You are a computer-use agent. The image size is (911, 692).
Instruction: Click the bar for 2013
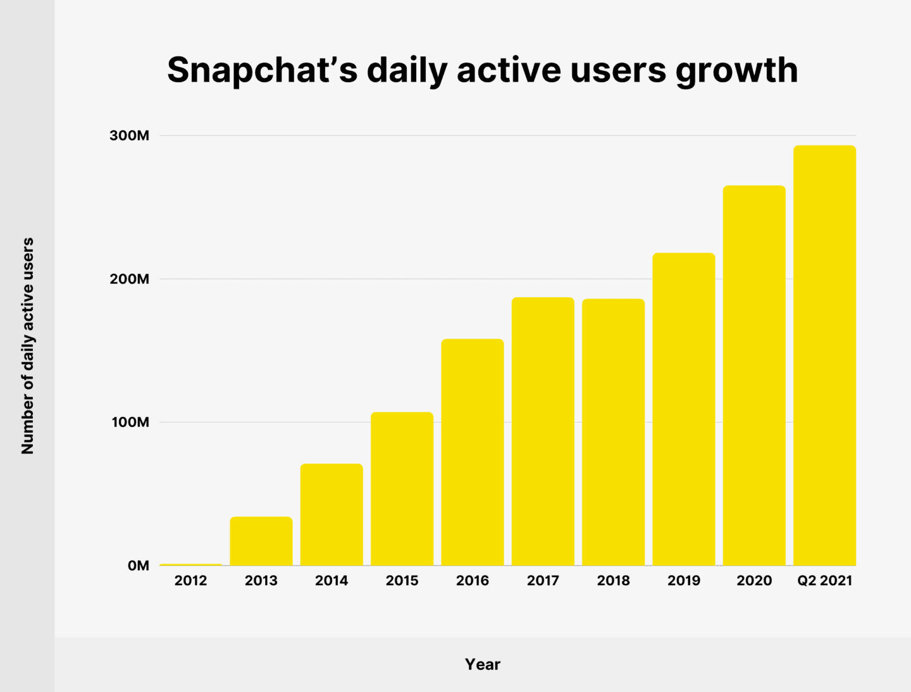pyautogui.click(x=261, y=541)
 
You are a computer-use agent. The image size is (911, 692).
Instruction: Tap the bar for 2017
pyautogui.click(x=543, y=431)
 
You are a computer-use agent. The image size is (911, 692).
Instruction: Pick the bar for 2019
pyautogui.click(x=684, y=409)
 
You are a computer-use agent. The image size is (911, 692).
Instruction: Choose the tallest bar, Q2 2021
pyautogui.click(x=824, y=355)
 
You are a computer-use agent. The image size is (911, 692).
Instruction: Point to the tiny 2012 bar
pyautogui.click(x=191, y=564)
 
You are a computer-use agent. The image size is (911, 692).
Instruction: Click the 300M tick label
pyautogui.click(x=130, y=136)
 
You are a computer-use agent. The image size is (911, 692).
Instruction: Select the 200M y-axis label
pyautogui.click(x=130, y=279)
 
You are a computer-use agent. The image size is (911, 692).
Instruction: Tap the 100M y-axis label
pyautogui.click(x=130, y=423)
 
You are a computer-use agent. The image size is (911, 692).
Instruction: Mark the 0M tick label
pyautogui.click(x=138, y=565)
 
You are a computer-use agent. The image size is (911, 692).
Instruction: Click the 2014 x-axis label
pyautogui.click(x=332, y=581)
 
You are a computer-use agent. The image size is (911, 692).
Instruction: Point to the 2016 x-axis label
pyautogui.click(x=473, y=581)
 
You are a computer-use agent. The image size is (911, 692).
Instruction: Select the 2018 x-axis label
pyautogui.click(x=613, y=581)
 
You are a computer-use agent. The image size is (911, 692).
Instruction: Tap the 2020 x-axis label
pyautogui.click(x=754, y=581)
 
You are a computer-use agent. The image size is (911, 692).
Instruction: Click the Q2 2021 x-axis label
pyautogui.click(x=824, y=581)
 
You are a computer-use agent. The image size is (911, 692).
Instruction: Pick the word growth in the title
pyautogui.click(x=736, y=71)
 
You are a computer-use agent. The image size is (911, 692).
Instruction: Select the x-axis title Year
pyautogui.click(x=483, y=664)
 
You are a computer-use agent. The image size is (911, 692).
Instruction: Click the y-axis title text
pyautogui.click(x=28, y=346)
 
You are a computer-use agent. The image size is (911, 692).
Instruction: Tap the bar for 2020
pyautogui.click(x=754, y=376)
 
